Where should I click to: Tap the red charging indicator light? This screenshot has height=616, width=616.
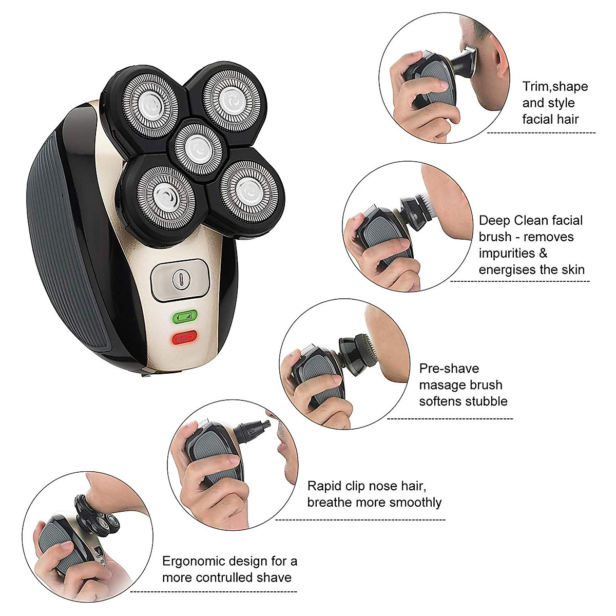(184, 338)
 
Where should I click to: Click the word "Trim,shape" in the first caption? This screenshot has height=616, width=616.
(555, 86)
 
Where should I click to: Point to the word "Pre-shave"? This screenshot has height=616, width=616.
(449, 369)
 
